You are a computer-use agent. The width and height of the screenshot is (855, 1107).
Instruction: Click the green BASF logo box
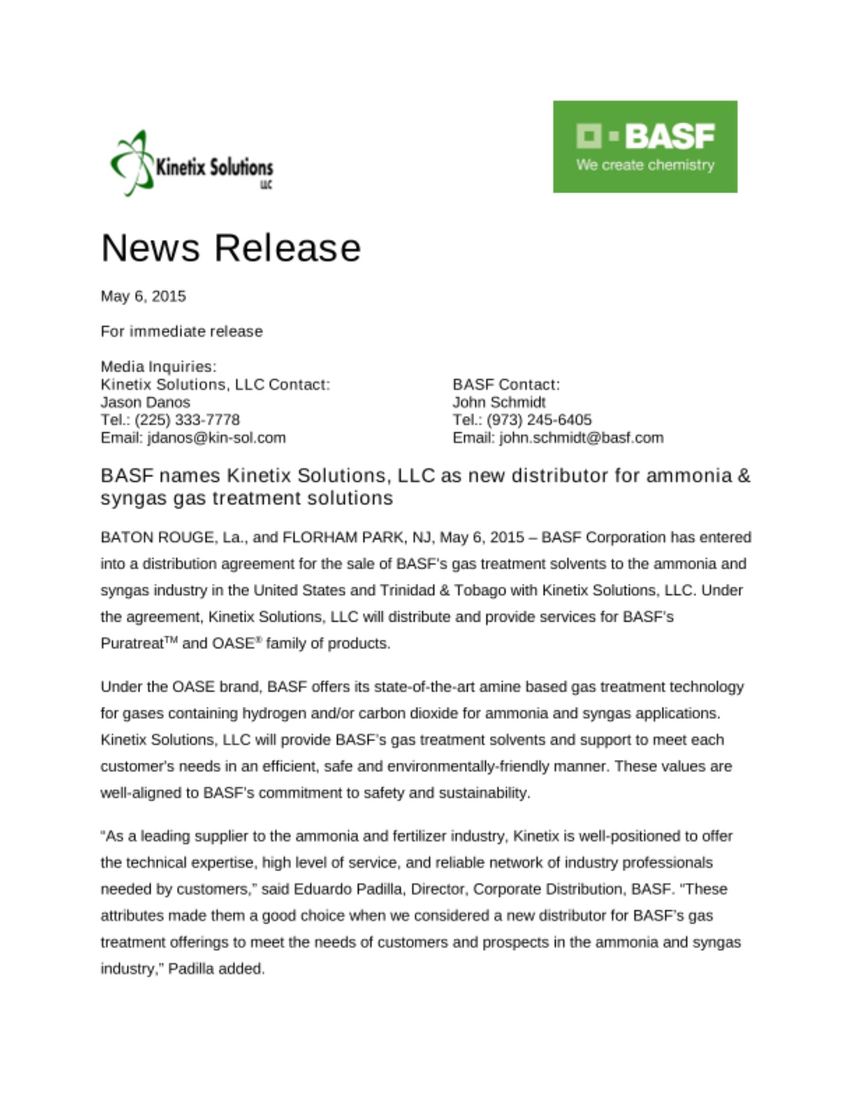[x=645, y=146]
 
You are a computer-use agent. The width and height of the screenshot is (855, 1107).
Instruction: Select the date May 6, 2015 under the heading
[x=143, y=296]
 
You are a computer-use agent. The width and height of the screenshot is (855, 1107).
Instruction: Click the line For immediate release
[x=182, y=332]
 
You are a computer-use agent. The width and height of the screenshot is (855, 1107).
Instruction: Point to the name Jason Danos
[x=145, y=402]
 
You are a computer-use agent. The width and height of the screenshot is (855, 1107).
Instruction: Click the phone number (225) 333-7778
[x=187, y=420]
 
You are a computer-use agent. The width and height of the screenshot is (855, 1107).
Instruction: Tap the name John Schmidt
[x=499, y=402]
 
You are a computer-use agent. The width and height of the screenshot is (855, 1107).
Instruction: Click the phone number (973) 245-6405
[x=539, y=420]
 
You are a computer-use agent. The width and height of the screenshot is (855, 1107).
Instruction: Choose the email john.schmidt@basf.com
[x=581, y=438]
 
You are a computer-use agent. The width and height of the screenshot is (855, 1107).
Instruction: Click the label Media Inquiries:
[x=158, y=366]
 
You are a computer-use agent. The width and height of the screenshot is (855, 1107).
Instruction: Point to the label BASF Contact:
[x=506, y=384]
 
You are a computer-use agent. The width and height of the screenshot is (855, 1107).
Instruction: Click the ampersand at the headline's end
[x=744, y=475]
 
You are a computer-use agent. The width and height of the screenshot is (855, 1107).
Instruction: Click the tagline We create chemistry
[x=645, y=165]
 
